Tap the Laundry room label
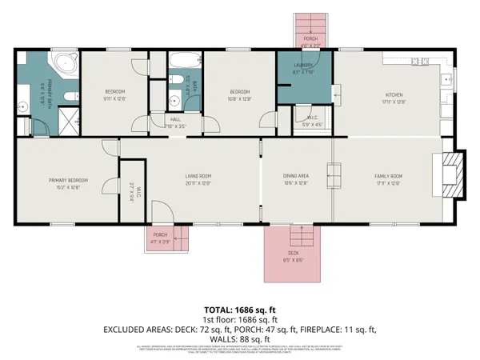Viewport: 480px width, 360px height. point(302,66)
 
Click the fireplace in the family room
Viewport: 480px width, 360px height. point(453,174)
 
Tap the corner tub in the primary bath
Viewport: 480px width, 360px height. point(62,65)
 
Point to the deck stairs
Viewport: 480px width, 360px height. point(301,236)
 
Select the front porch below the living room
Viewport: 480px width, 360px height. point(163,236)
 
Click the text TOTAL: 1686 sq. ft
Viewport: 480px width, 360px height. point(239,309)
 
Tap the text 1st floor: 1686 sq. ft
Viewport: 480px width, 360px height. point(239,318)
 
